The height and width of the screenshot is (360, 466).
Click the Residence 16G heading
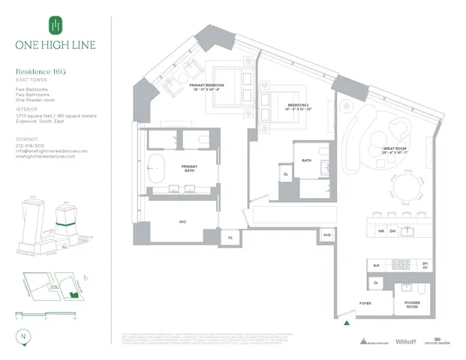(x=43, y=73)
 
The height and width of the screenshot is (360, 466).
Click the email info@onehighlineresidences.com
(x=51, y=151)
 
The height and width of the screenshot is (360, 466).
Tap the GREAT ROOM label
(x=395, y=150)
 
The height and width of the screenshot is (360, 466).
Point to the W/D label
(x=326, y=235)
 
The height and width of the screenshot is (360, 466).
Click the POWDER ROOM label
(x=413, y=304)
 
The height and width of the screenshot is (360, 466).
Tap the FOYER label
(x=365, y=304)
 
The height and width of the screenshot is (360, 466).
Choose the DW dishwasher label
(x=392, y=232)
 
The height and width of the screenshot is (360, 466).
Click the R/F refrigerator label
(x=377, y=265)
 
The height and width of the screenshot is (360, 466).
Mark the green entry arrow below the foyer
(x=346, y=324)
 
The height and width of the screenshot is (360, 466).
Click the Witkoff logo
(x=398, y=340)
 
